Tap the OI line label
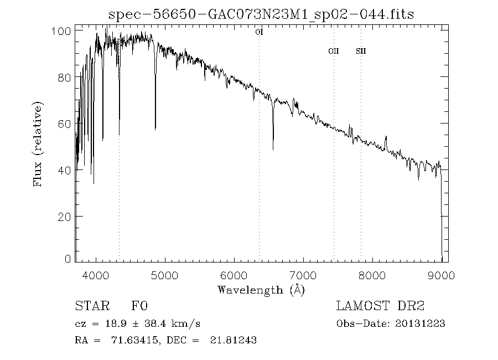click(x=259, y=32)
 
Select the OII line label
click(x=333, y=52)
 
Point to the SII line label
click(x=361, y=52)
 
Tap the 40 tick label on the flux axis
click(x=65, y=170)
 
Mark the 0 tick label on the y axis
click(x=68, y=259)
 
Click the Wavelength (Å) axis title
click(x=261, y=290)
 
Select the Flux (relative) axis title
click(x=38, y=144)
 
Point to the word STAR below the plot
click(x=89, y=306)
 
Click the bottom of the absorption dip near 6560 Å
click(x=273, y=149)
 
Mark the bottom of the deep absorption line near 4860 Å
click(x=155, y=129)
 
